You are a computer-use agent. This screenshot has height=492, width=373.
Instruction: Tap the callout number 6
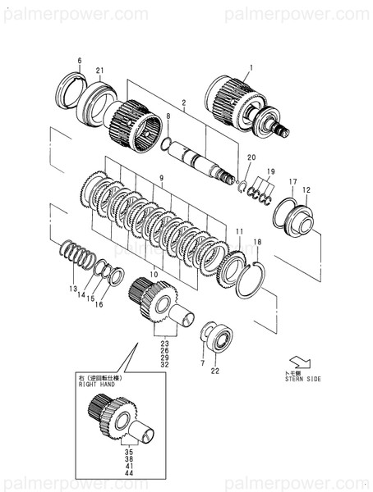point(80,61)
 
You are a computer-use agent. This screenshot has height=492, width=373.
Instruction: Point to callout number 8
point(168,117)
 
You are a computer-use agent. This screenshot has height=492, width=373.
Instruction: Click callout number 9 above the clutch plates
point(162,178)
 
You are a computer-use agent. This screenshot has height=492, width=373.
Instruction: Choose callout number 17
point(292,181)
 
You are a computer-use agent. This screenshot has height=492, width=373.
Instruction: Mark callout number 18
point(257,242)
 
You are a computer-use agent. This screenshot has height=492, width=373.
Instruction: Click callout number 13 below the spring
point(72,289)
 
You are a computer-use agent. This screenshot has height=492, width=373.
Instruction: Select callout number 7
point(203,362)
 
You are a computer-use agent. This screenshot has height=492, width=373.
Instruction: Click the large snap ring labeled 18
point(250,279)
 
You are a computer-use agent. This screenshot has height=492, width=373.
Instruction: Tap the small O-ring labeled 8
point(167,145)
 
